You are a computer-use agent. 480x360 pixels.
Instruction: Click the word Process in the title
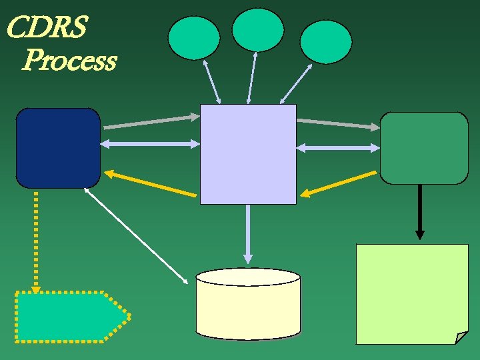click(x=69, y=61)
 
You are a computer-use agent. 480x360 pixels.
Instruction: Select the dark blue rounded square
click(x=58, y=148)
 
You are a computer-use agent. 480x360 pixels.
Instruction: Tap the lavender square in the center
click(x=248, y=154)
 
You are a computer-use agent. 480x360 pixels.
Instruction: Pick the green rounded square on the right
click(x=424, y=148)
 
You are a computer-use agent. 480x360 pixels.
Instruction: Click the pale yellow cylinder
click(x=248, y=305)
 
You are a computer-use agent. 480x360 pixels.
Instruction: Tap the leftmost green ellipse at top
click(x=194, y=37)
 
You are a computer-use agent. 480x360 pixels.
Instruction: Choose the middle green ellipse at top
click(x=258, y=29)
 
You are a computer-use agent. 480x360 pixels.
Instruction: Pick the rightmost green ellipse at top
click(x=325, y=41)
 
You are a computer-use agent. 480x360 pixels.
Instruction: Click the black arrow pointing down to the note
click(x=419, y=211)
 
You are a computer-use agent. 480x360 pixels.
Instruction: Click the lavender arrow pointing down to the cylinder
click(x=248, y=233)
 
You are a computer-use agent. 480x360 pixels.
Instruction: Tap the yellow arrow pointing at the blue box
click(x=151, y=184)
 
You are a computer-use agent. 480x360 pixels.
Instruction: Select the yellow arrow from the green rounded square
click(x=338, y=184)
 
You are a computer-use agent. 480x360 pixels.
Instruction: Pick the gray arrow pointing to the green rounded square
click(x=338, y=123)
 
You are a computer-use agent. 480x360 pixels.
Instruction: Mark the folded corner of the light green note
click(x=461, y=338)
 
